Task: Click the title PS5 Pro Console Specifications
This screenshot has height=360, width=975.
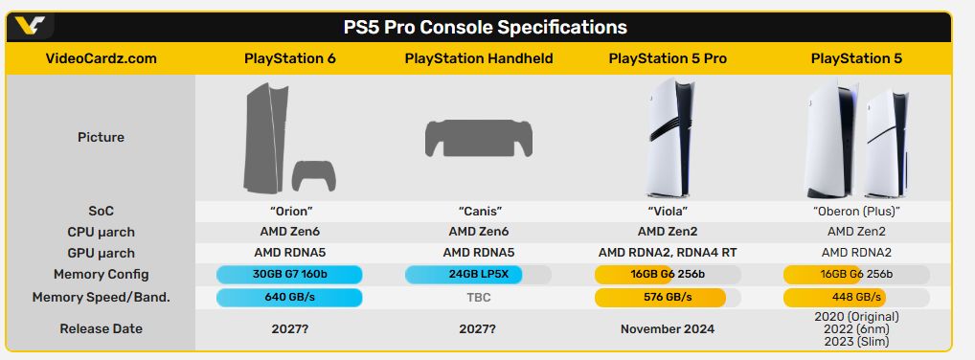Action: tap(485, 28)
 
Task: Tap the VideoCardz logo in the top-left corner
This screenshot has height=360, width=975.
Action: tap(30, 26)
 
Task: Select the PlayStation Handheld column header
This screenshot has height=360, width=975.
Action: tap(479, 59)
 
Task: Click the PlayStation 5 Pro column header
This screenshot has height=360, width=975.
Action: tap(668, 59)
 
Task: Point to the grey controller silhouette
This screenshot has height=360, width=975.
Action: tap(314, 176)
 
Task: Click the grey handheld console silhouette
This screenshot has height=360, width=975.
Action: tap(479, 139)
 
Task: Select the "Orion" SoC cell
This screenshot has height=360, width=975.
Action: tap(289, 212)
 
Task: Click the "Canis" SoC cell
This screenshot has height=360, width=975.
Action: tap(479, 212)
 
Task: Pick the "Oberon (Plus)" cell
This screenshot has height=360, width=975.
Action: tap(857, 212)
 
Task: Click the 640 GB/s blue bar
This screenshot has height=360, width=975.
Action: tap(289, 297)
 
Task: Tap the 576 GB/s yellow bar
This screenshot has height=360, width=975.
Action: tap(660, 297)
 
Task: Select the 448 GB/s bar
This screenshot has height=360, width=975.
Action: tap(834, 297)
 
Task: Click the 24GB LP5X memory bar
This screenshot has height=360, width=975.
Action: tap(464, 275)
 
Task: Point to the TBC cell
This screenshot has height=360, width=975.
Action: tap(479, 298)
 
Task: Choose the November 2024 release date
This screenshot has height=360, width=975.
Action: tap(668, 329)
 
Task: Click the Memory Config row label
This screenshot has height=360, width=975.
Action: tap(102, 275)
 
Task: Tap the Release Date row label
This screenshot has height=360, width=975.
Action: tap(102, 329)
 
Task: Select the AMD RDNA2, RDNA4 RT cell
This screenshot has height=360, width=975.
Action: tap(668, 253)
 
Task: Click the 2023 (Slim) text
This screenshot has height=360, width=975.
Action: tap(857, 342)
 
